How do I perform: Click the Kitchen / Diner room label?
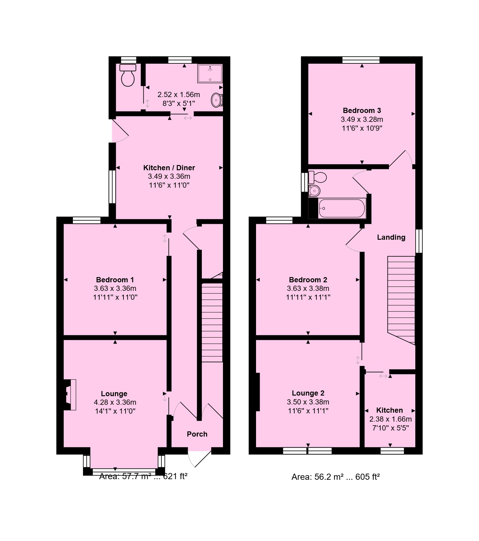click(x=169, y=168)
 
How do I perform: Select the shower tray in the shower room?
click(x=210, y=73)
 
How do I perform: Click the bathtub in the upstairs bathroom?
click(x=342, y=209)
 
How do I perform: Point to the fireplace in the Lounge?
click(x=70, y=395)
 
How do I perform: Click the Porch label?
click(x=197, y=434)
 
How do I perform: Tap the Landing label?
click(x=391, y=237)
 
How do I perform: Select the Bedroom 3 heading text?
click(x=362, y=111)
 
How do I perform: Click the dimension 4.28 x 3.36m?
click(x=115, y=402)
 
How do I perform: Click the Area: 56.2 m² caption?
click(x=335, y=477)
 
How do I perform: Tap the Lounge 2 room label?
click(x=308, y=393)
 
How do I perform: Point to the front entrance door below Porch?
click(x=199, y=458)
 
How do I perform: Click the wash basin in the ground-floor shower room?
click(x=217, y=100)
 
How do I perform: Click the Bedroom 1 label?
click(x=115, y=280)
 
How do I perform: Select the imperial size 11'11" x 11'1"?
click(x=308, y=297)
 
